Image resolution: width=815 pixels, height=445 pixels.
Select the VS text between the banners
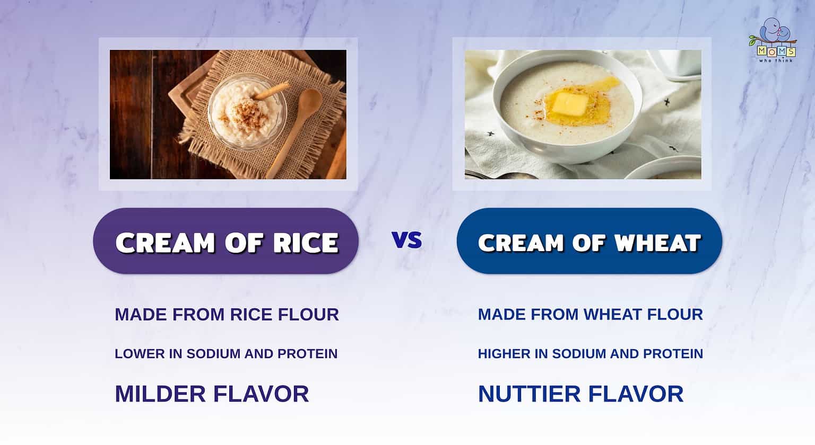(407, 240)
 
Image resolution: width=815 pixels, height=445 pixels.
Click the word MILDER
(160, 394)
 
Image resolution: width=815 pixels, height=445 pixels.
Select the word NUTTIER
(528, 394)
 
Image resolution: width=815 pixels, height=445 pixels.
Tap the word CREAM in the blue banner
(521, 243)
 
